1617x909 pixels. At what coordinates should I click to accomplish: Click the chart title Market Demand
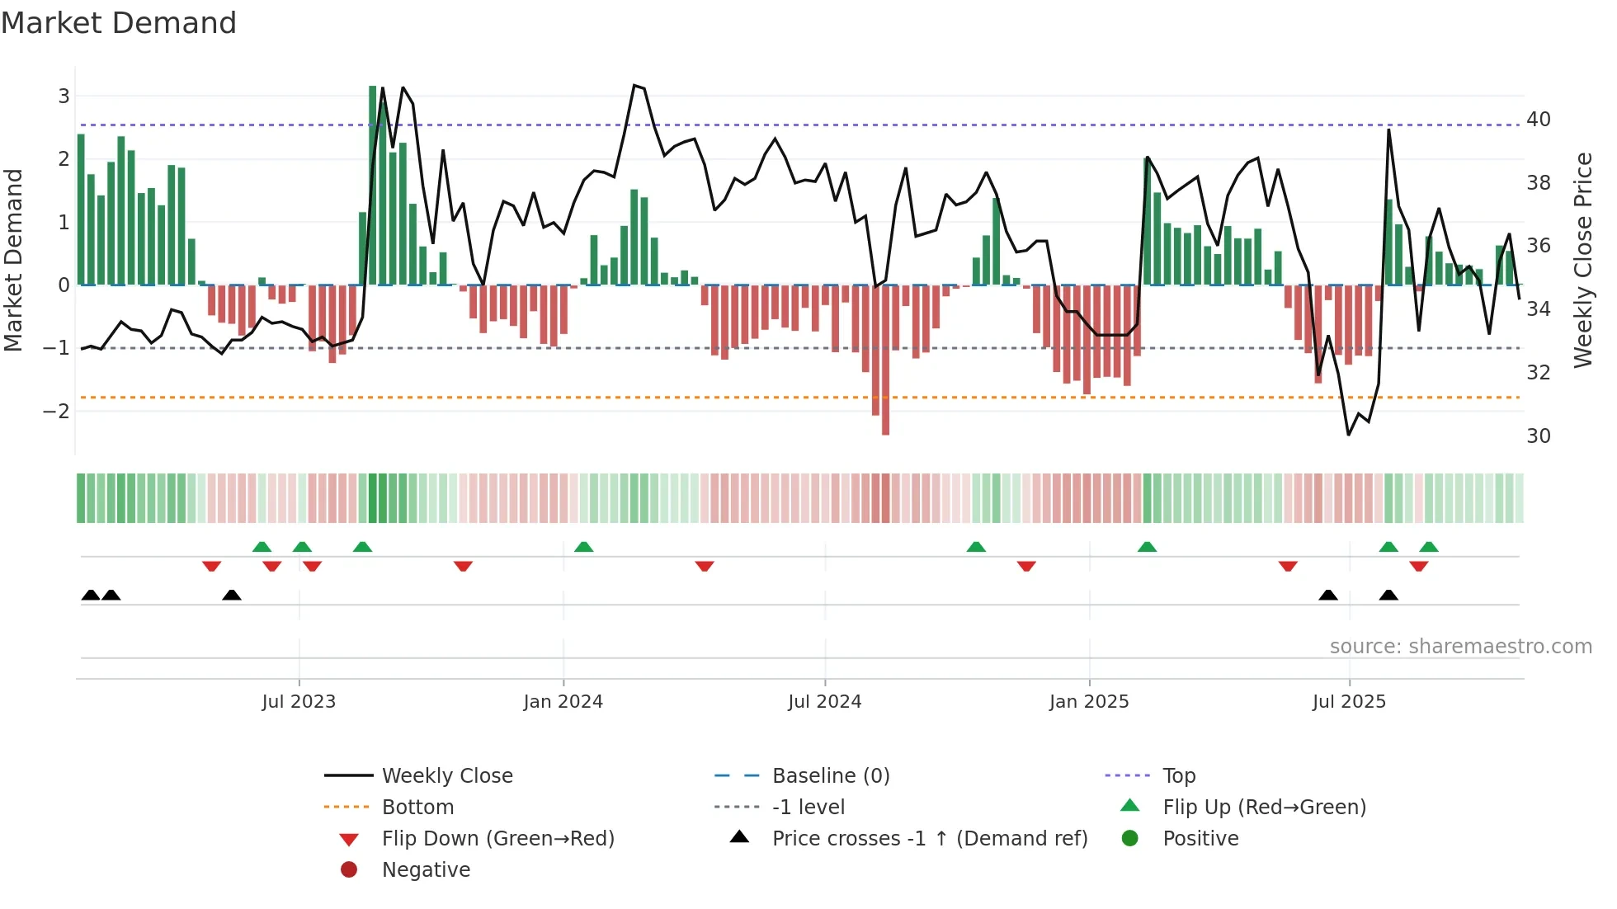(x=119, y=23)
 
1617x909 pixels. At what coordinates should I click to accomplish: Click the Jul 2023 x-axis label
(x=299, y=702)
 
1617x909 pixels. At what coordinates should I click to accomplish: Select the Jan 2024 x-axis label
(x=563, y=702)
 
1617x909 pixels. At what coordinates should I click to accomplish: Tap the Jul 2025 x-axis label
(x=1349, y=702)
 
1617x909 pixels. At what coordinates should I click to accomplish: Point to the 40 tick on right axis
(x=1538, y=120)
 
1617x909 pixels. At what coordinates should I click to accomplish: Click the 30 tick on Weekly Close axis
(x=1538, y=436)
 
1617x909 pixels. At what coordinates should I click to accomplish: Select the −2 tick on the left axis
(x=56, y=411)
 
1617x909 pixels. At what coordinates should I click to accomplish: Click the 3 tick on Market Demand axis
(x=64, y=97)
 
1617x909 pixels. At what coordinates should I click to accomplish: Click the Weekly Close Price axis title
(x=1582, y=260)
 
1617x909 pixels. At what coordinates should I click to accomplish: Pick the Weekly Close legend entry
(x=446, y=776)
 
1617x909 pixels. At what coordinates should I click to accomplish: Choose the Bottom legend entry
(x=417, y=808)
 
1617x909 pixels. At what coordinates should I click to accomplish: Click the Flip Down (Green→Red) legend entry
(x=497, y=839)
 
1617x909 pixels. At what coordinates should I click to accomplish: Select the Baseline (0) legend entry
(x=830, y=776)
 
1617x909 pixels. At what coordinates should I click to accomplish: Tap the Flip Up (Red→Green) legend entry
(x=1264, y=808)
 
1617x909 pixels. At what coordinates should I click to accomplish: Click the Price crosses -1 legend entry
(x=929, y=839)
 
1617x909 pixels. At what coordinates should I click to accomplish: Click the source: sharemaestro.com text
(x=1460, y=647)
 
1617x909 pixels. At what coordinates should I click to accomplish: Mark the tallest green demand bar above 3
(x=373, y=186)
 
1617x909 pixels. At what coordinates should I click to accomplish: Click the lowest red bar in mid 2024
(x=885, y=360)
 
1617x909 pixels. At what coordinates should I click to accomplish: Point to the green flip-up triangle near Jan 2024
(x=583, y=547)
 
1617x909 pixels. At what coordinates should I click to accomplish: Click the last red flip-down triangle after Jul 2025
(x=1419, y=566)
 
